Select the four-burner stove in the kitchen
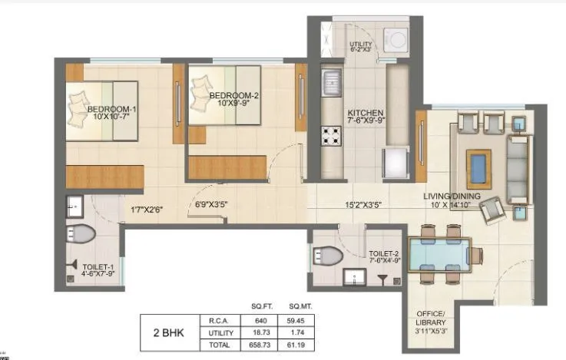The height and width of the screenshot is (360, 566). pyautogui.click(x=331, y=139)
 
